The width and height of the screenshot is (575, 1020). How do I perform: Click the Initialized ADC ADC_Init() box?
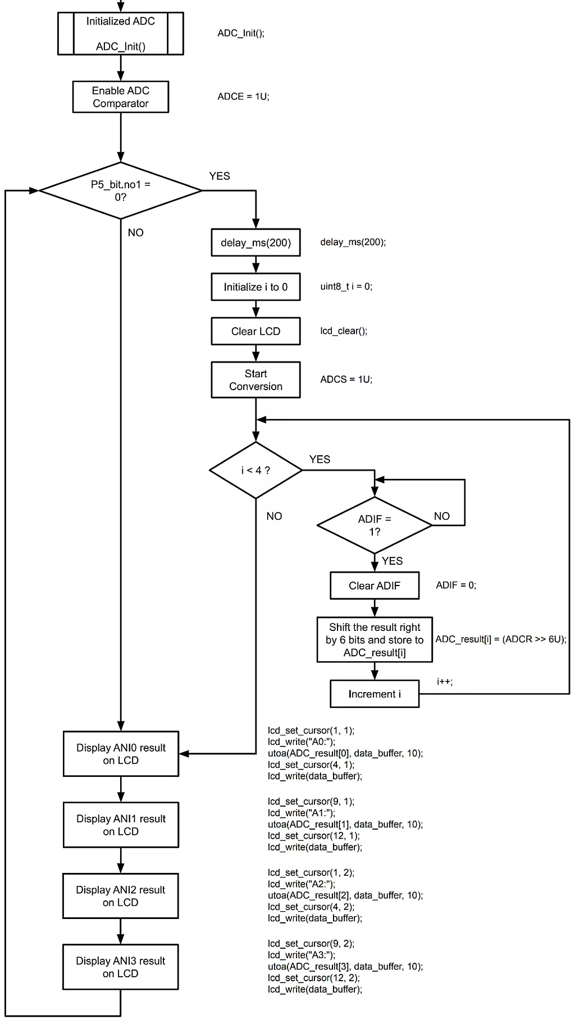120,34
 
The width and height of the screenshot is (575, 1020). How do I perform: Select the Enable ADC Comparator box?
120,97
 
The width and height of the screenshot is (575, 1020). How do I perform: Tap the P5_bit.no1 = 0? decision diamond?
120,191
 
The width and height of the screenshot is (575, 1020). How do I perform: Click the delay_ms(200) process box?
255,243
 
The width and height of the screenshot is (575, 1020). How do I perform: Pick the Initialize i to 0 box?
255,287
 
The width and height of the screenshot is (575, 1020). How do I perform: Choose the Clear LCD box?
255,331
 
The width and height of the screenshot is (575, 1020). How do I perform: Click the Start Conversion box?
255,380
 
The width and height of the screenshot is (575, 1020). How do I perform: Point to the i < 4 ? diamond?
255,470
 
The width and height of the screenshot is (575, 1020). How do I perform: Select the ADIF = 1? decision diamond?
375,525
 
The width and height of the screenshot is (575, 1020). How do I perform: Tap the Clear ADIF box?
375,586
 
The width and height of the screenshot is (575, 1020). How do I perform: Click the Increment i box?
375,694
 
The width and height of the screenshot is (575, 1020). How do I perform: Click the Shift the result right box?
375,640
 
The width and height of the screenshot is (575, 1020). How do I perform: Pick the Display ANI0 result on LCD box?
121,754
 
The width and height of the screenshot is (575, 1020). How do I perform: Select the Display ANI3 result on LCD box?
121,967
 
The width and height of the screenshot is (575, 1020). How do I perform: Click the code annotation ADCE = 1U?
243,97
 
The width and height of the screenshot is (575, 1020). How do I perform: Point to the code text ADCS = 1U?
346,379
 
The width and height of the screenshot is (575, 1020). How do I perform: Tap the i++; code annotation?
444,681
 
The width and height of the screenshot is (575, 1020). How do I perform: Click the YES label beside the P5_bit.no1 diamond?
220,176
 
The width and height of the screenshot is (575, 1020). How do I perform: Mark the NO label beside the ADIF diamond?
441,516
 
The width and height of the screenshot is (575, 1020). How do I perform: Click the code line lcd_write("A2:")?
301,884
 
